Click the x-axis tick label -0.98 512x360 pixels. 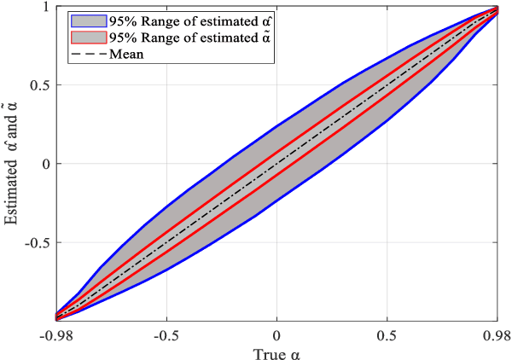coord(56,333)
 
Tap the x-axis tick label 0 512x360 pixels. coord(276,333)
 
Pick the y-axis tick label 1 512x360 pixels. coord(42,8)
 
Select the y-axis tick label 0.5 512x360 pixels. coord(37,85)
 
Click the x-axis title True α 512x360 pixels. coord(276,351)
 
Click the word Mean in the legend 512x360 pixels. coord(126,54)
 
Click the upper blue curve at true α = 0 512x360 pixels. coord(276,127)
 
